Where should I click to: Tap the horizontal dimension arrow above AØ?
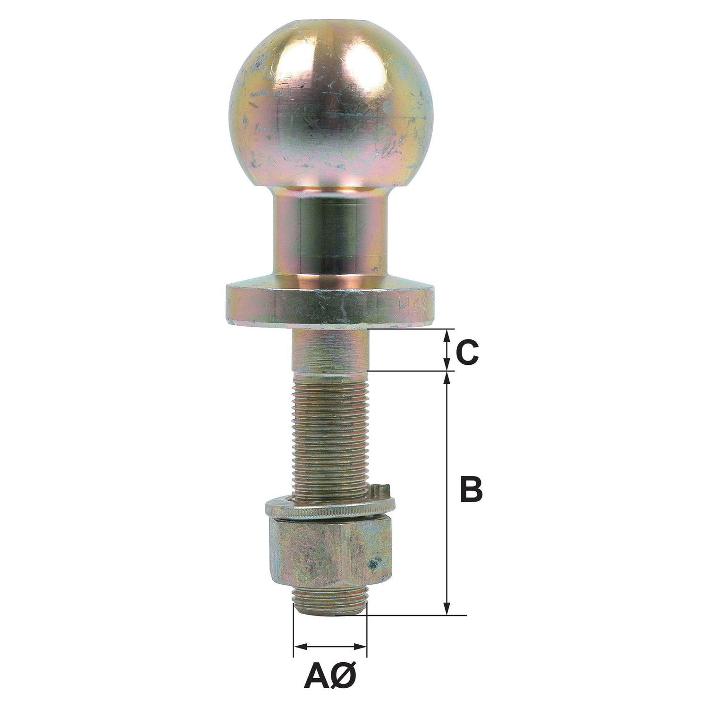[330, 645]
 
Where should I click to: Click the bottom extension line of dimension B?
[415, 615]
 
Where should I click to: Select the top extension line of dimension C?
[411, 329]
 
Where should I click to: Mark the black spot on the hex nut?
[376, 562]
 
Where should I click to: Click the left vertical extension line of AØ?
[294, 632]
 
